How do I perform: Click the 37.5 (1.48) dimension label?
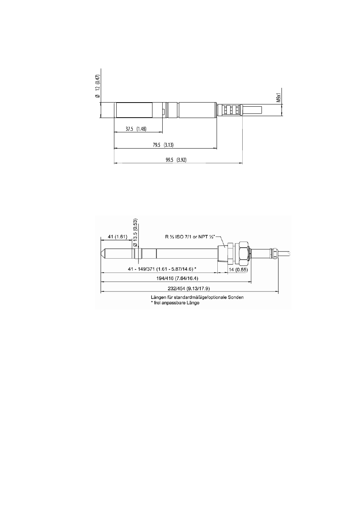[x=136, y=129]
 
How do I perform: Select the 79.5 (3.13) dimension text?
[x=163, y=145]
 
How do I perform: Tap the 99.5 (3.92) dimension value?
[x=176, y=160]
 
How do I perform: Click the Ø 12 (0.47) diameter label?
[x=98, y=86]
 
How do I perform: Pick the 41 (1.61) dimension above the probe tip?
[x=117, y=237]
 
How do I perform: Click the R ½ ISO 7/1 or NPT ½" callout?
[x=190, y=237]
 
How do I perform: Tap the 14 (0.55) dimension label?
[x=238, y=270]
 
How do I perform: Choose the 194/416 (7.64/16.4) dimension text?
[x=177, y=278]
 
